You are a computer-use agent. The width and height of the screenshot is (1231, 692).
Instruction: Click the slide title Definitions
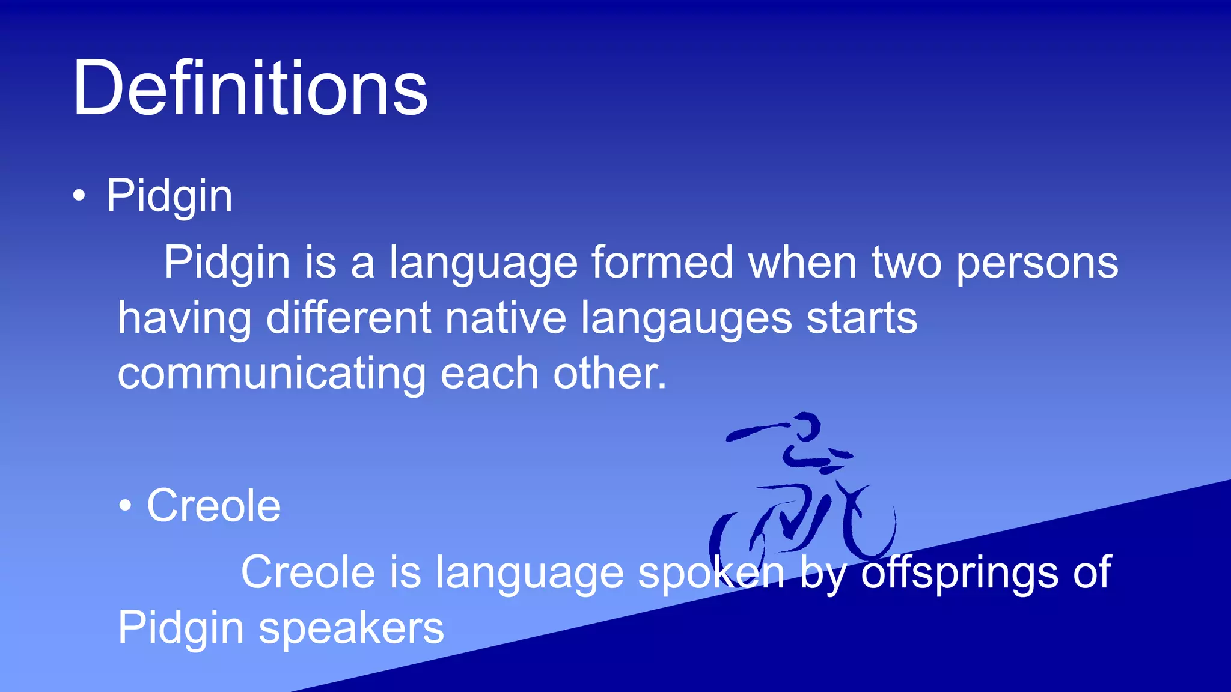249,88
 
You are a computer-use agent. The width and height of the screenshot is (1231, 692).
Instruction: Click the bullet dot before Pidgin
79,196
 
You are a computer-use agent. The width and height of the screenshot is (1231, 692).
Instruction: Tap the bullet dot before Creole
124,506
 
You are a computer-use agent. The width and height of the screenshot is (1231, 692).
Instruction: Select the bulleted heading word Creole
213,506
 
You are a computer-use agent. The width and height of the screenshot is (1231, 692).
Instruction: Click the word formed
662,263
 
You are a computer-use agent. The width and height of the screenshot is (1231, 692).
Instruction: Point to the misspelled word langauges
686,318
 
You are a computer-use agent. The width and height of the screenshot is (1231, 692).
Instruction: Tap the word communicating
271,374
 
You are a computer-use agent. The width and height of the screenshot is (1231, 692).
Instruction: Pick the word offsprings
959,573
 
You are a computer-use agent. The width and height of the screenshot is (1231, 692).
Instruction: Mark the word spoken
711,573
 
